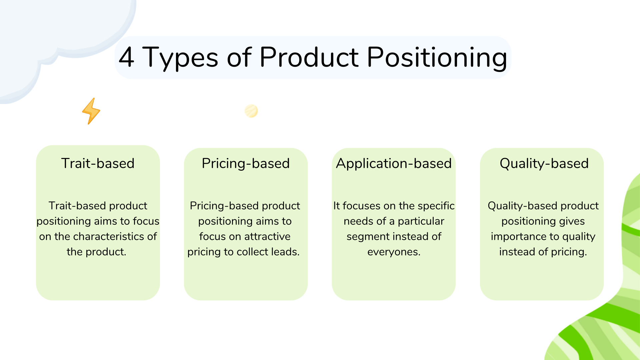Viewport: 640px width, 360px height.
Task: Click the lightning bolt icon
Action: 91,111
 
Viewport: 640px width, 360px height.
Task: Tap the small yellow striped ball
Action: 251,111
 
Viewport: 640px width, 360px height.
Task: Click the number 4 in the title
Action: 127,57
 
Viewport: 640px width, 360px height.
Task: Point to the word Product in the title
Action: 309,57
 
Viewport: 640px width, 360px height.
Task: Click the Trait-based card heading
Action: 98,163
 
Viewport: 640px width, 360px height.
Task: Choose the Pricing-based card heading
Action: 246,163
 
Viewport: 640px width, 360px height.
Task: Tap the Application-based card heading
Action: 394,163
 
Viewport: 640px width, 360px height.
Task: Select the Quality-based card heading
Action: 544,163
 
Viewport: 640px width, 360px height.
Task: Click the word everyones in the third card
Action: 394,252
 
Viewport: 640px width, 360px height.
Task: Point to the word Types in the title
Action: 180,57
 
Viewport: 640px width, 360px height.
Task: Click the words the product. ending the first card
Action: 96,252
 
